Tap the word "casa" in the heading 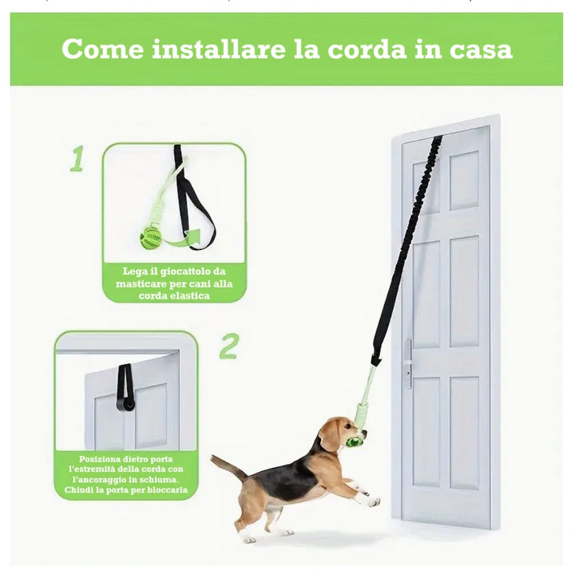(x=481, y=49)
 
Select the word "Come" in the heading (x=102, y=49)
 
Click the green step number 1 (x=77, y=158)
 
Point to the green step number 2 (x=229, y=346)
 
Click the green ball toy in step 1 (x=152, y=238)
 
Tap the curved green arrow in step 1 (x=183, y=239)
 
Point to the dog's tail (x=228, y=466)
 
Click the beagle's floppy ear (x=329, y=437)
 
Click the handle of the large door (x=408, y=364)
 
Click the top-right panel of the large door (x=464, y=180)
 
